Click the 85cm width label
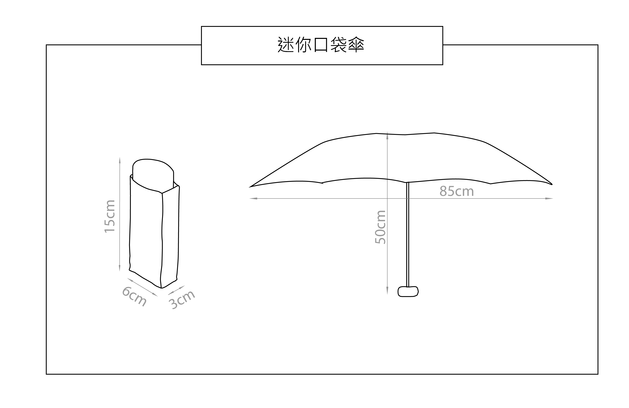point(457,191)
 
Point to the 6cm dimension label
point(134,297)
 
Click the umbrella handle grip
point(408,292)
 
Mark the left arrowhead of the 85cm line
point(253,198)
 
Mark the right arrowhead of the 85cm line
point(550,198)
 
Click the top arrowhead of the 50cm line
point(387,135)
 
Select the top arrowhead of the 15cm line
point(120,160)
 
